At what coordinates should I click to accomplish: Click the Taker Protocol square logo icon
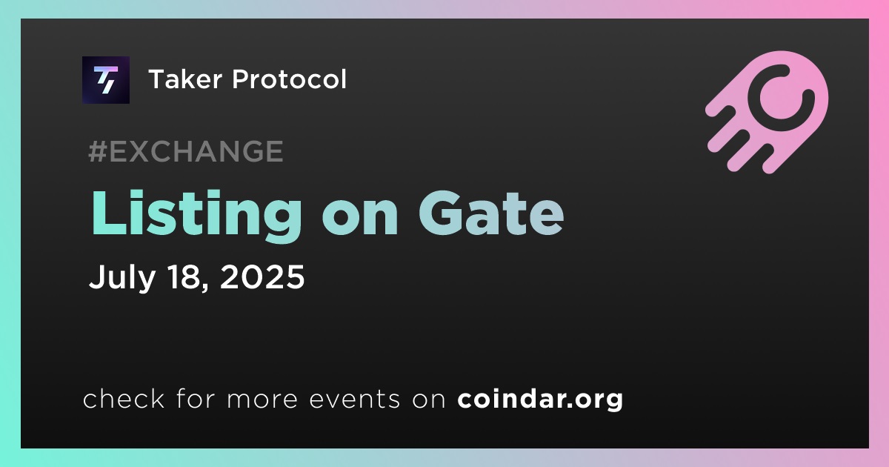105,80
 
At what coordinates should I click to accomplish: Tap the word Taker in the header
185,79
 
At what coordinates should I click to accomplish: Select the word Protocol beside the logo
290,79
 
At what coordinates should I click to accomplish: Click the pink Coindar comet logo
767,112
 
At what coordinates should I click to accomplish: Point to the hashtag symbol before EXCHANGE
98,151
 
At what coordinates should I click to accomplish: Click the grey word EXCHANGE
196,151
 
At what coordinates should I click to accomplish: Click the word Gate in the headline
491,214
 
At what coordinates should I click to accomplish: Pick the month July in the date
121,277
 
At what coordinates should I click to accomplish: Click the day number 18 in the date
184,276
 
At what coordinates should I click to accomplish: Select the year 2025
262,276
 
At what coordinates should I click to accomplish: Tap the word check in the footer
124,399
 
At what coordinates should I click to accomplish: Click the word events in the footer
355,399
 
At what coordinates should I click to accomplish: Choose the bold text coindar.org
540,400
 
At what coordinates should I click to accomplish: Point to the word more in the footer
262,400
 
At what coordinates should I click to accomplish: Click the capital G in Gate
442,213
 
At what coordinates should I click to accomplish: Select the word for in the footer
196,398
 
